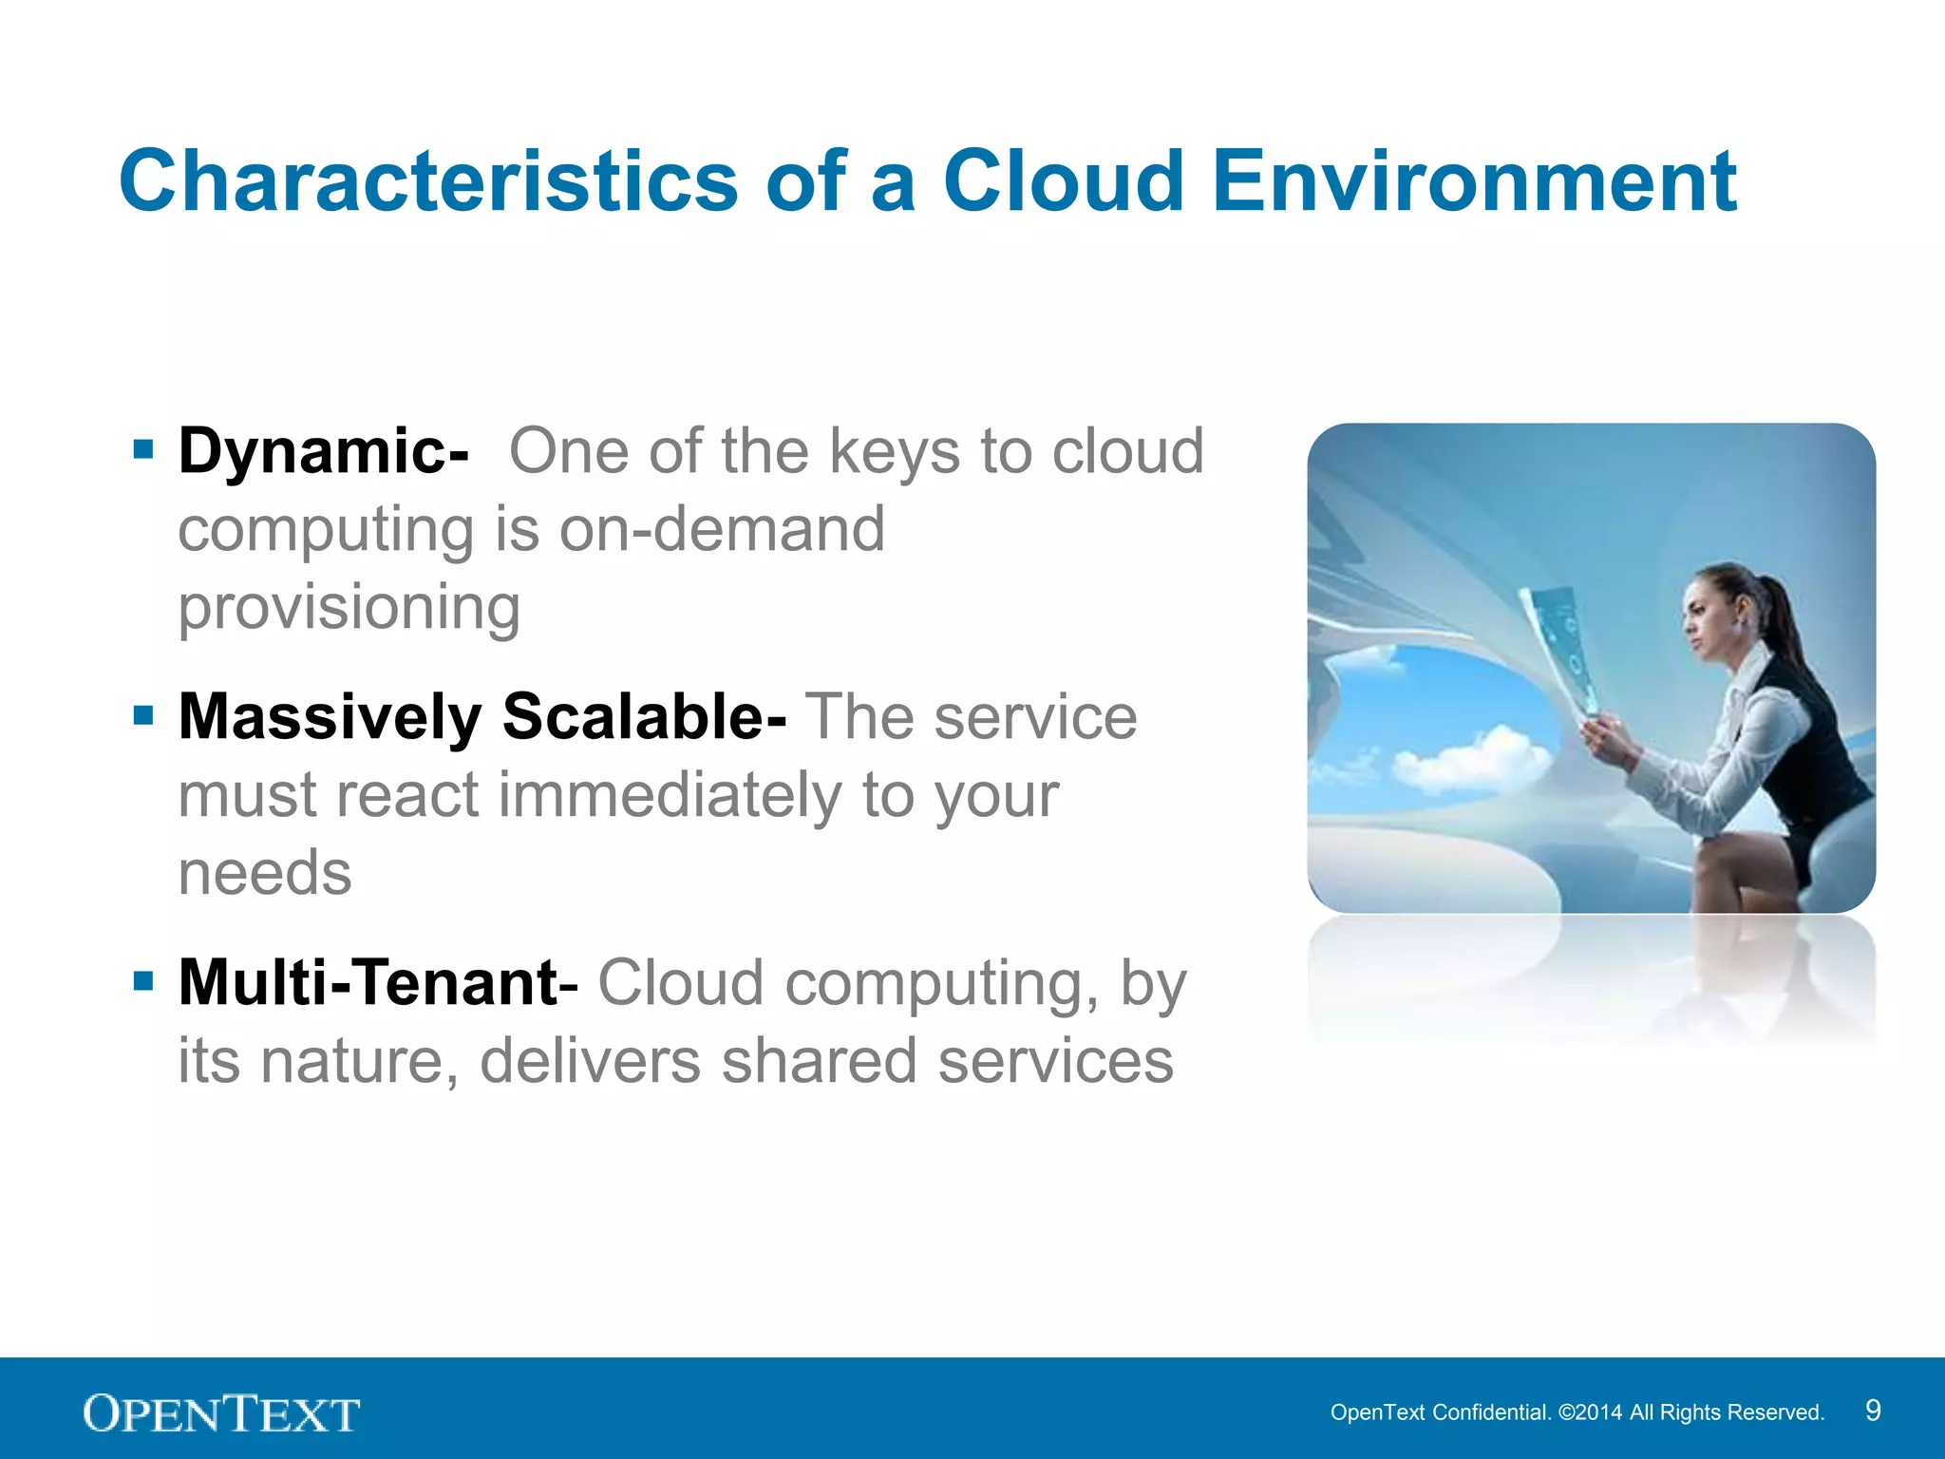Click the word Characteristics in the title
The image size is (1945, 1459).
coord(428,181)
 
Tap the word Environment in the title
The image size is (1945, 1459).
coord(1474,181)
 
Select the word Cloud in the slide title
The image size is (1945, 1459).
coord(1063,181)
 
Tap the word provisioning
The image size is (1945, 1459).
coord(349,608)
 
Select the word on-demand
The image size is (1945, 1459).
coord(722,529)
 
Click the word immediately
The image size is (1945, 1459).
coord(670,795)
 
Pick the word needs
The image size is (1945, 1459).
coord(265,873)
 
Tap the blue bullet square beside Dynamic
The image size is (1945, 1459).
coord(143,449)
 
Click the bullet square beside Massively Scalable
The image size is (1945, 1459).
coord(143,715)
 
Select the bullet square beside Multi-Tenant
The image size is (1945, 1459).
coord(143,981)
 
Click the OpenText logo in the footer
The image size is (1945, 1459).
coord(221,1413)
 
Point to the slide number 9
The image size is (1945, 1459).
coord(1872,1411)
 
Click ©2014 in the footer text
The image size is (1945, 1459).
coord(1590,1412)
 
